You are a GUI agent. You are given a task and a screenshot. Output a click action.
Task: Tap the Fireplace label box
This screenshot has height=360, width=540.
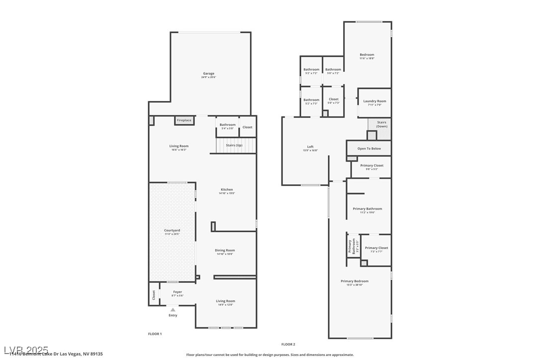click(184, 120)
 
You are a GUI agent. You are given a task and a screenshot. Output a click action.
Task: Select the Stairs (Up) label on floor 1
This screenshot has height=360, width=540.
click(234, 145)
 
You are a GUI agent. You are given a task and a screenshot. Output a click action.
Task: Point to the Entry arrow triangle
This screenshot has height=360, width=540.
click(173, 310)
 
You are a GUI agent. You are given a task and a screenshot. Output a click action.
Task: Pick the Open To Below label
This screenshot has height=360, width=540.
click(369, 148)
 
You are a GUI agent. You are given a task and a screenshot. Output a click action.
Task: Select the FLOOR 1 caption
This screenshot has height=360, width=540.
click(155, 334)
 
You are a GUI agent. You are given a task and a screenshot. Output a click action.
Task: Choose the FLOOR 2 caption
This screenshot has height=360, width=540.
click(288, 344)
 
